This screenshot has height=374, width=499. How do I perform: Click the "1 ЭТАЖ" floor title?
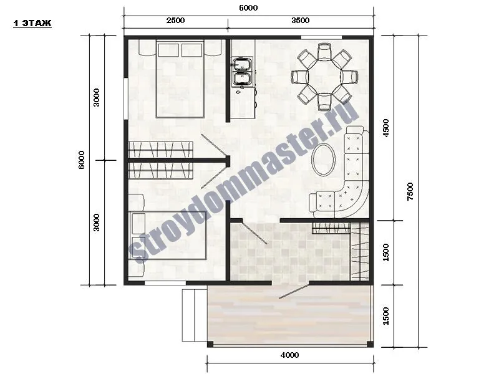(x=32, y=23)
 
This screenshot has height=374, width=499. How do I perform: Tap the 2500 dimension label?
(x=175, y=21)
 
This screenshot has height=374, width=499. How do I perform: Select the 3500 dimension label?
(x=301, y=21)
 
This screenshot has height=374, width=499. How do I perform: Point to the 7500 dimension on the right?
(x=410, y=191)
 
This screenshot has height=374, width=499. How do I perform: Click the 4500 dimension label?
(x=385, y=128)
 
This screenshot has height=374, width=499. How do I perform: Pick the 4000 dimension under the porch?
(x=289, y=355)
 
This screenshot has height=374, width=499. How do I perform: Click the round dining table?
(x=324, y=77)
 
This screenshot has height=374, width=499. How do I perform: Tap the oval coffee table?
(x=323, y=160)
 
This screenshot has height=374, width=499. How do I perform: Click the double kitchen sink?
(x=243, y=72)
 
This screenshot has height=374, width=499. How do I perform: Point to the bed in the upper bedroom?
(x=180, y=79)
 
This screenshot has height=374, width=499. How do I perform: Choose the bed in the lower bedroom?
(x=168, y=236)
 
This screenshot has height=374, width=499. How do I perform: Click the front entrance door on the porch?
(x=294, y=291)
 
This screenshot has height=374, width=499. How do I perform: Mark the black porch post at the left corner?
(x=210, y=345)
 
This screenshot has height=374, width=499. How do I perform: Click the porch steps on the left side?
(x=195, y=315)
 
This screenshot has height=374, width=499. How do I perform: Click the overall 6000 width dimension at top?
(x=248, y=8)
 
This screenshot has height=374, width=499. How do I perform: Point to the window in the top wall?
(x=321, y=37)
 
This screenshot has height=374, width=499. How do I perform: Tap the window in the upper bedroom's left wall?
(x=126, y=98)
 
